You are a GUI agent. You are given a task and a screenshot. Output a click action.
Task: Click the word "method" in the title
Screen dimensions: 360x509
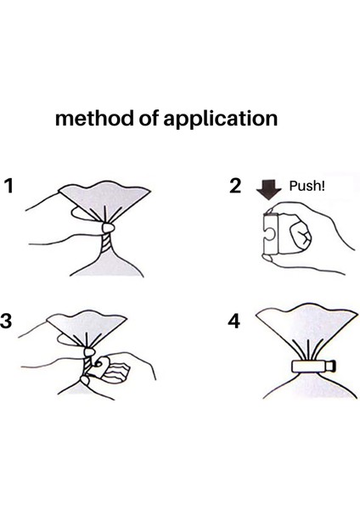coord(94,118)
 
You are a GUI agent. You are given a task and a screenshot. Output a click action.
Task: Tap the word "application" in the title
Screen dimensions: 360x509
coord(220,119)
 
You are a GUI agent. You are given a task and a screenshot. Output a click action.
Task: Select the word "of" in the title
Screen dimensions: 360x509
coord(148,118)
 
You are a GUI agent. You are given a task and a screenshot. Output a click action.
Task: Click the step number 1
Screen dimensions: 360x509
coord(8,186)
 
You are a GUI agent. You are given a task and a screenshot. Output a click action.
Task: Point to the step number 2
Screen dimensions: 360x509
coord(235,186)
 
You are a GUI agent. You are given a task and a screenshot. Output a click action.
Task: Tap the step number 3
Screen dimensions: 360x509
coord(6,321)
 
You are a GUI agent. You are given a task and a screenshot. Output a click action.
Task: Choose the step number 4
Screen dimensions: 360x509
coord(234,321)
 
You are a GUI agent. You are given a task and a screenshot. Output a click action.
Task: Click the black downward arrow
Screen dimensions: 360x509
coord(268,189)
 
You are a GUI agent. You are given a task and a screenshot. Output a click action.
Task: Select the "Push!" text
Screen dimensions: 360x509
coord(307,186)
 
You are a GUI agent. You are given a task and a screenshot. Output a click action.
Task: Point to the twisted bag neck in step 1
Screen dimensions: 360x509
coord(106,246)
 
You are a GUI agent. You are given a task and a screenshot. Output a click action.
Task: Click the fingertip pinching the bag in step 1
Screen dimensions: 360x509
coord(108,227)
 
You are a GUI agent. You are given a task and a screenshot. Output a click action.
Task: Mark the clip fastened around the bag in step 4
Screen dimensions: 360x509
coord(312,366)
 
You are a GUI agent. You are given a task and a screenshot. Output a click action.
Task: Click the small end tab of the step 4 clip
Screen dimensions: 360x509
coord(330,366)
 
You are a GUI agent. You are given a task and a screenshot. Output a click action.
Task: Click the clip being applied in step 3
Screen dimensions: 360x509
coord(101,367)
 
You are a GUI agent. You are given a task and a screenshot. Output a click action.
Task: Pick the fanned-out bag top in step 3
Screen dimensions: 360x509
coord(87,327)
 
